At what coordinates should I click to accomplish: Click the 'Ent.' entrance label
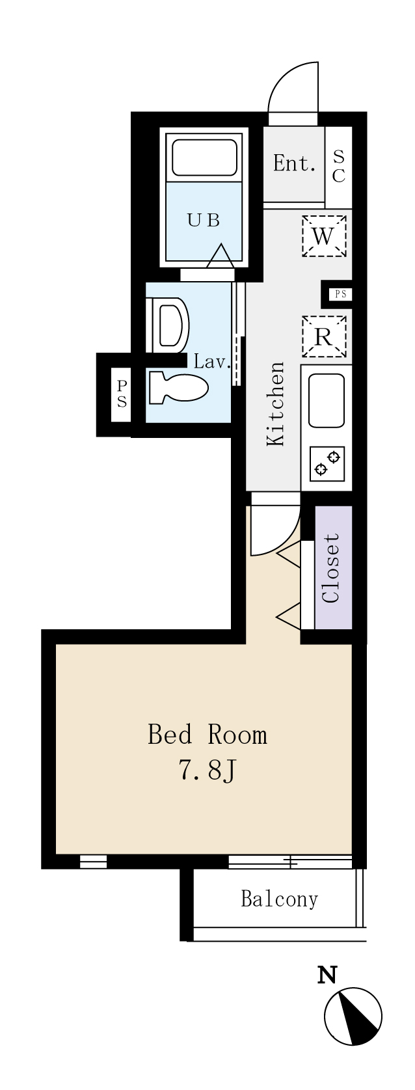click(295, 163)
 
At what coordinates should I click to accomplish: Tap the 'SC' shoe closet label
click(339, 166)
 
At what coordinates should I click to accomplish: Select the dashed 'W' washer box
click(323, 236)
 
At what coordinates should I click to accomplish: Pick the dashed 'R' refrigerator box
click(323, 336)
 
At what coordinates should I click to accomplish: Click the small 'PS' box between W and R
click(341, 294)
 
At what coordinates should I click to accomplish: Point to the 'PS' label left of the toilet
click(122, 394)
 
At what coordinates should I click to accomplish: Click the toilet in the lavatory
click(178, 387)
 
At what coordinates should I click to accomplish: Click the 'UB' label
click(204, 221)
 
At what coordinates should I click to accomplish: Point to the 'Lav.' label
click(211, 362)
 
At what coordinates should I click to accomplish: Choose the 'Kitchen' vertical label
click(276, 403)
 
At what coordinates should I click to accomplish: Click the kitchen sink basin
click(327, 400)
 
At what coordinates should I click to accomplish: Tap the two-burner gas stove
click(327, 462)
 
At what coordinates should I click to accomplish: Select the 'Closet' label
click(331, 568)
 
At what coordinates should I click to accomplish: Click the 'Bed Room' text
click(207, 735)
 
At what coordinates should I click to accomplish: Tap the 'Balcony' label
click(279, 899)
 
